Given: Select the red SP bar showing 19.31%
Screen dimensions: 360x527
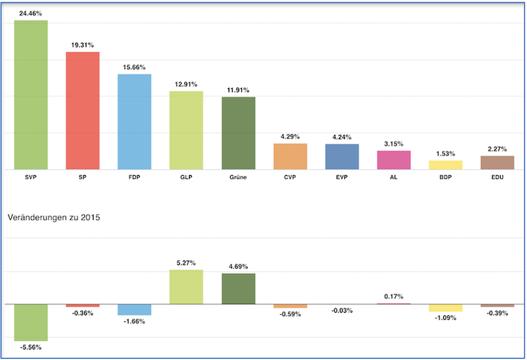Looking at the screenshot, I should pyautogui.click(x=82, y=110).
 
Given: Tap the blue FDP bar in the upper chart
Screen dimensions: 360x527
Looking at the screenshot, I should pyautogui.click(x=134, y=121).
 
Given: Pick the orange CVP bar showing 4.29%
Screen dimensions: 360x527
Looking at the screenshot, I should pyautogui.click(x=290, y=156).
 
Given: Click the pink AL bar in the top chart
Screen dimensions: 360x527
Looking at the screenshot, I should pyautogui.click(x=394, y=159).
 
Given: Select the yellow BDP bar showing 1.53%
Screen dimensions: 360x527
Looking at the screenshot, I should pyautogui.click(x=445, y=165).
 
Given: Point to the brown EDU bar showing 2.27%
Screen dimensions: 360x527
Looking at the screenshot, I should pyautogui.click(x=497, y=162).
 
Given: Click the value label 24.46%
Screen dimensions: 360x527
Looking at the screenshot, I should pyautogui.click(x=31, y=13).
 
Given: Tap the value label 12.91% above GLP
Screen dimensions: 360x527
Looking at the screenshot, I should pyautogui.click(x=186, y=84).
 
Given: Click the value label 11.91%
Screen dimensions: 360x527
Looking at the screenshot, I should pyautogui.click(x=238, y=90).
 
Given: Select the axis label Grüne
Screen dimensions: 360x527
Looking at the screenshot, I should pyautogui.click(x=238, y=178).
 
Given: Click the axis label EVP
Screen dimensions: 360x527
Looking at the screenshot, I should pyautogui.click(x=342, y=178).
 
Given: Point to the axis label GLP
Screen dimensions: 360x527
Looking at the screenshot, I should pyautogui.click(x=186, y=178).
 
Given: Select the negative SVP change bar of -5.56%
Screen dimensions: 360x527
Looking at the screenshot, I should pyautogui.click(x=31, y=322).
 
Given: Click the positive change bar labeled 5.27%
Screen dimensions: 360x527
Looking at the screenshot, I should pyautogui.click(x=186, y=287).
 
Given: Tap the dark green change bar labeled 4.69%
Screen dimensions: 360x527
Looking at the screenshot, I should pyautogui.click(x=238, y=289).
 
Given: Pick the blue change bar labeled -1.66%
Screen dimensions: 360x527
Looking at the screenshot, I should pyautogui.click(x=134, y=309).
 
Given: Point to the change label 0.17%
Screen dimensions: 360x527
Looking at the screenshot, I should pyautogui.click(x=394, y=296).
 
